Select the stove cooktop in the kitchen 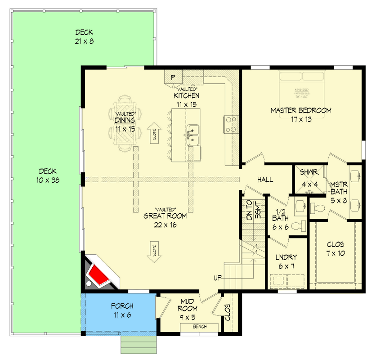231,124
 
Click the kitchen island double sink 193,135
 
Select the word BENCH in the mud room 199,326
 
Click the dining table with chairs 125,122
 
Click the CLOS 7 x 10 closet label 336,249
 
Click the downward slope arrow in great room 154,252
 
